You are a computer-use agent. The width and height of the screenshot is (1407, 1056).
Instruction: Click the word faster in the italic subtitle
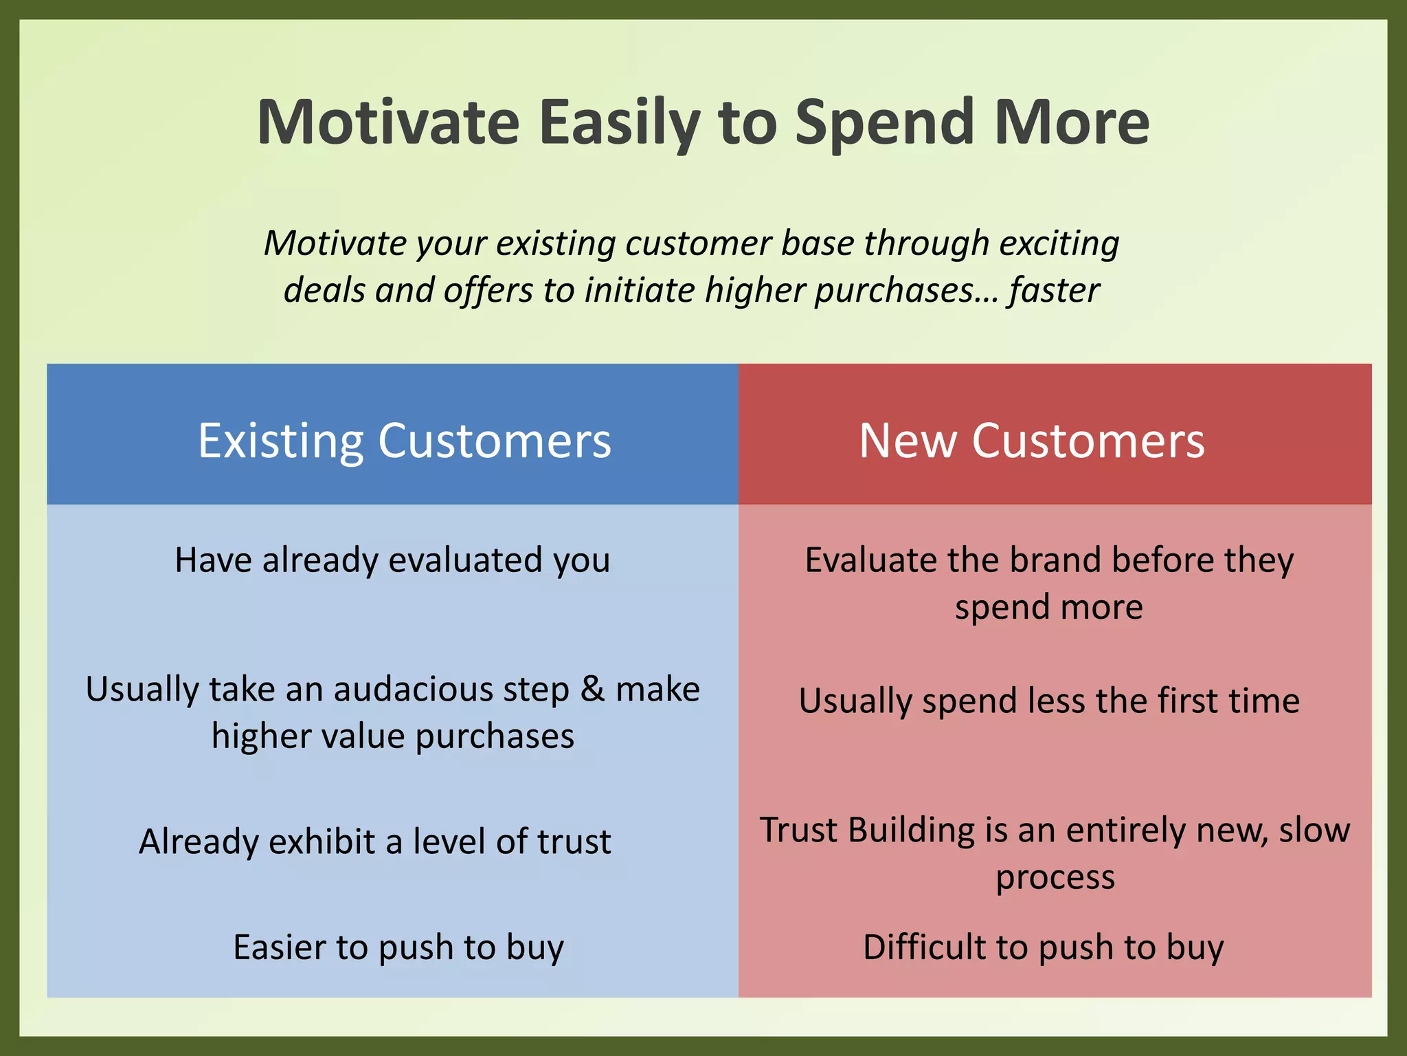[x=1055, y=290]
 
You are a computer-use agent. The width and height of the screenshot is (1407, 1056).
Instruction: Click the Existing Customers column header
[x=405, y=440]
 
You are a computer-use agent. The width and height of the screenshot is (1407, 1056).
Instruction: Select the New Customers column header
[x=1031, y=440]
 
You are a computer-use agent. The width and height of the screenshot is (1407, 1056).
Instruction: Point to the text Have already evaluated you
[x=392, y=560]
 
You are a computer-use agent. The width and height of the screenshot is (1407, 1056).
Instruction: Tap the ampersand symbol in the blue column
[x=592, y=689]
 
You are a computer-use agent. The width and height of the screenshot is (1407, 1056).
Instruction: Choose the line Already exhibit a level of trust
[x=375, y=841]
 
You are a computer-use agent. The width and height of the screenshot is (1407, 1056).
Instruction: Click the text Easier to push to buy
[x=398, y=947]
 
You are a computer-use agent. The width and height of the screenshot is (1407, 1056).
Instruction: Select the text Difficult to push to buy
[x=1043, y=947]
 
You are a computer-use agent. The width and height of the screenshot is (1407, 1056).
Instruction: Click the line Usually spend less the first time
[x=1049, y=701]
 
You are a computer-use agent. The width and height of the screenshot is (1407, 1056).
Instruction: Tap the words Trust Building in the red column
[x=868, y=830]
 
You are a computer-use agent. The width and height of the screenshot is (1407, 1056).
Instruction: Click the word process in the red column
[x=1055, y=877]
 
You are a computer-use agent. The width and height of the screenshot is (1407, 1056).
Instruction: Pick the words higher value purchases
[x=392, y=736]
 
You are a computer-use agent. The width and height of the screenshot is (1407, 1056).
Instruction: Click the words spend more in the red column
[x=1049, y=607]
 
